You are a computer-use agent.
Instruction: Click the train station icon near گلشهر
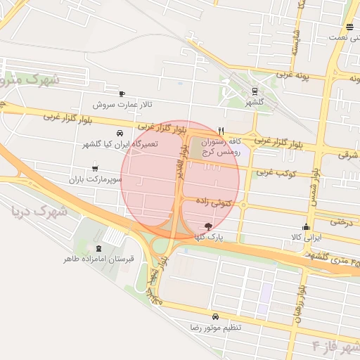[254, 91]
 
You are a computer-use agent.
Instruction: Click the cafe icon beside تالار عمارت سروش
[122, 94]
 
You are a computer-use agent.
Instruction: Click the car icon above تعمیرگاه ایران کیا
[120, 133]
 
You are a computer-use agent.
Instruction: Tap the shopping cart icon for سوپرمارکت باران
[95, 169]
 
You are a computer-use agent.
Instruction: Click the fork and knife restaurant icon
[221, 130]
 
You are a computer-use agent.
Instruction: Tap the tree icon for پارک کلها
[207, 226]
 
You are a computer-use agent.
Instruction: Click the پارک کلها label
[209, 238]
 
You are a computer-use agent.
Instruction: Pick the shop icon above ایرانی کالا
[306, 226]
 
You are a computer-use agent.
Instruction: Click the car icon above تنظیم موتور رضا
[215, 316]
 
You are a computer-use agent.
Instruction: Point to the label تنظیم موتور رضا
[215, 328]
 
